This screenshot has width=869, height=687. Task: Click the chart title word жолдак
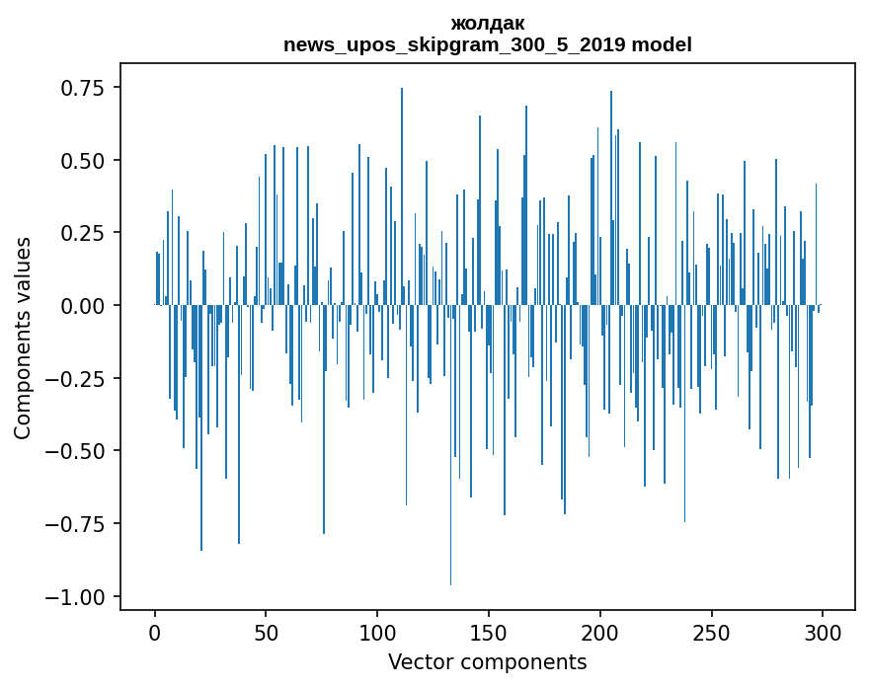pos(487,23)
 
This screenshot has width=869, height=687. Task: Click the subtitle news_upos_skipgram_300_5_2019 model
pos(487,44)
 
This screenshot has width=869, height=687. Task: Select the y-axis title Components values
pos(22,338)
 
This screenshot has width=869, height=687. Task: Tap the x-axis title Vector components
pos(487,662)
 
